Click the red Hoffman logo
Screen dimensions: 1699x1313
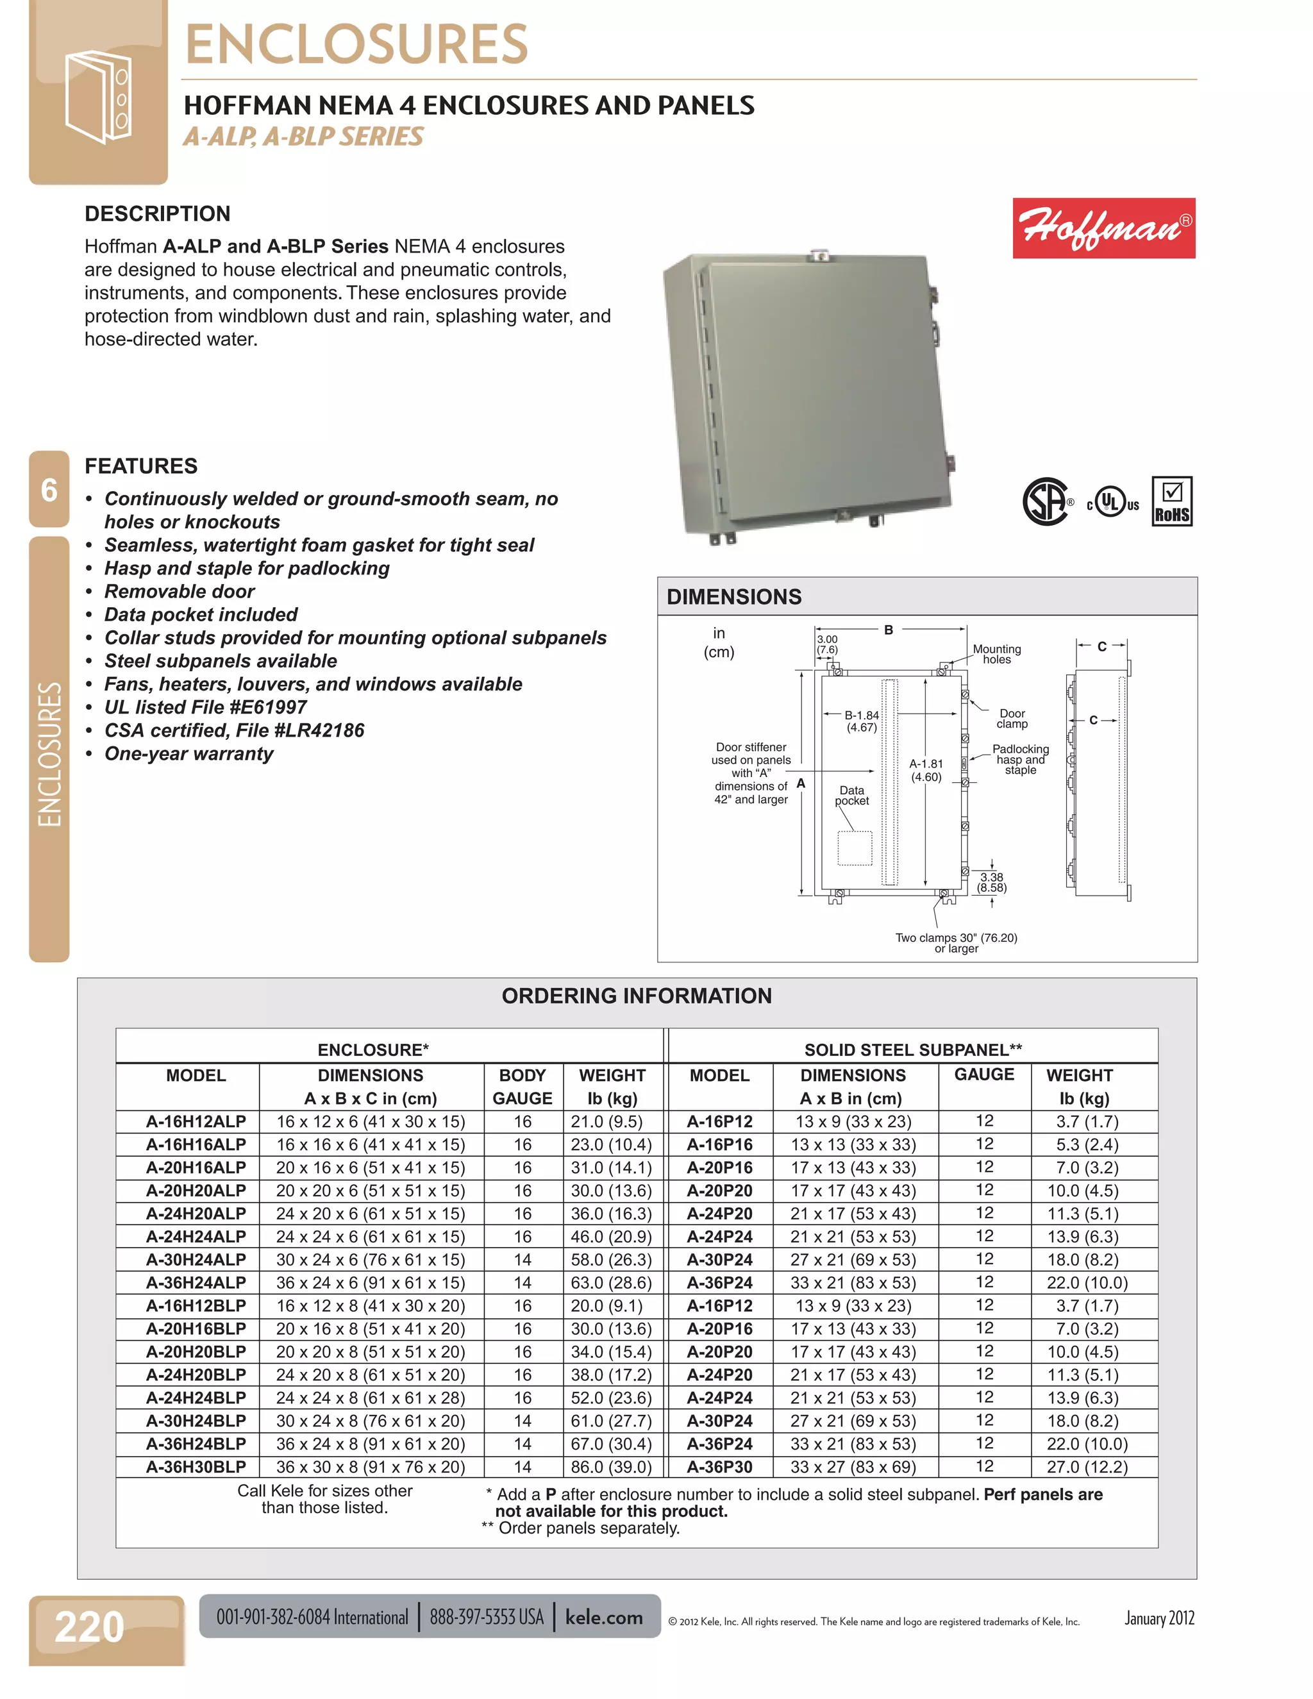point(1103,228)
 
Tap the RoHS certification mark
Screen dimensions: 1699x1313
point(1171,503)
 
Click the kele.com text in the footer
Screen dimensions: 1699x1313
point(603,1618)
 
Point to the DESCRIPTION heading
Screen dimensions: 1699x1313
point(157,214)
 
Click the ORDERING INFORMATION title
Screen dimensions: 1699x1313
point(636,996)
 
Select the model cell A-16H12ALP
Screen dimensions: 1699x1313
point(196,1122)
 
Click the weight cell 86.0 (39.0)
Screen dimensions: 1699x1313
point(612,1467)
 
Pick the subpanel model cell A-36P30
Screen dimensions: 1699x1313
point(719,1467)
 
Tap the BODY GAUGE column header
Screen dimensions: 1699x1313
point(522,1087)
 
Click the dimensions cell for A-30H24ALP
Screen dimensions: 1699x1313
point(371,1260)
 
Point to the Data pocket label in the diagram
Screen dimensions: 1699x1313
point(852,795)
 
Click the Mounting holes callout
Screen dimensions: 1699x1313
point(996,654)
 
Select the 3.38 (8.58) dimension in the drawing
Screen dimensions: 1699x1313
point(992,882)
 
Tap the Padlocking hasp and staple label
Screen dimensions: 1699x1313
point(1020,759)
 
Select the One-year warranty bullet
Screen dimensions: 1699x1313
point(189,754)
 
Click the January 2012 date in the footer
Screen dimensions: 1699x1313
point(1159,1619)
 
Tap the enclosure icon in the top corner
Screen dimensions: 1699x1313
point(98,97)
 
